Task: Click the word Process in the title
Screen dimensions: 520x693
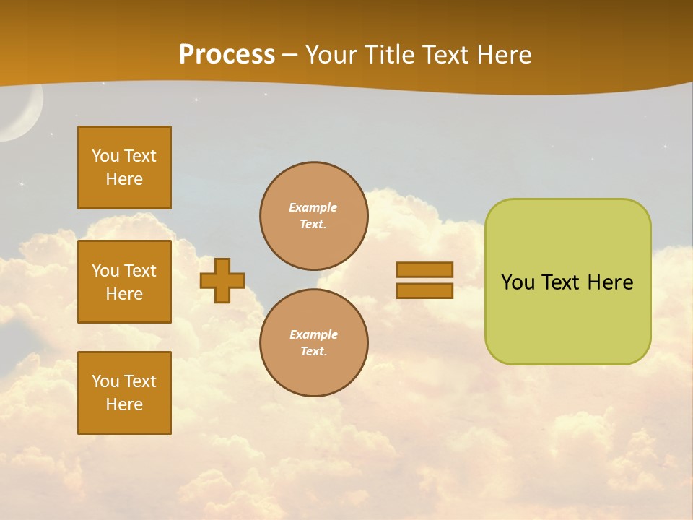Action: coord(227,54)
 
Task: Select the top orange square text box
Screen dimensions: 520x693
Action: coord(124,168)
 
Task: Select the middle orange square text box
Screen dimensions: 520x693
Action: coord(124,282)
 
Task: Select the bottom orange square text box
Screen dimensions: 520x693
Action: coord(124,393)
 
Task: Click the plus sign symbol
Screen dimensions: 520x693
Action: coord(222,280)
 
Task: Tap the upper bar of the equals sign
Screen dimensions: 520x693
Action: coord(424,269)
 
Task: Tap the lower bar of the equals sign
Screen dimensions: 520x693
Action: coord(424,291)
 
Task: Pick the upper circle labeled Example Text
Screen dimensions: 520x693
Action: coord(313,216)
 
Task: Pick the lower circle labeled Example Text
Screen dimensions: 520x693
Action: coord(313,343)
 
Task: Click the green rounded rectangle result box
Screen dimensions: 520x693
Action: coord(567,318)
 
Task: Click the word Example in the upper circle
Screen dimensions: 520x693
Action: coord(313,207)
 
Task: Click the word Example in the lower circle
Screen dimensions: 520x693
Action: coord(313,334)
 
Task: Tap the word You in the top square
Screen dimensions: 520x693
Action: coord(105,156)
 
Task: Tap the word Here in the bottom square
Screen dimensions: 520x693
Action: coord(124,404)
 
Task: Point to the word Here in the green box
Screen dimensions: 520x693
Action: coord(610,282)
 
